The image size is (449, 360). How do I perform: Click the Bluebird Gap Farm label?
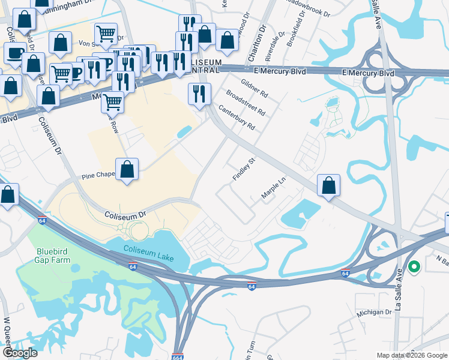click(x=52, y=256)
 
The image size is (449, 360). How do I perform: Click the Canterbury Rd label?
click(x=237, y=118)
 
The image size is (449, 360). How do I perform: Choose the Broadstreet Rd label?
click(x=246, y=102)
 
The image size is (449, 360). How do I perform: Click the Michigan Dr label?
click(x=373, y=312)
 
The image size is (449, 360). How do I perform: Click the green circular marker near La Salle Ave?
click(x=414, y=268)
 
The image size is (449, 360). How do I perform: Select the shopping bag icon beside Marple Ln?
click(x=328, y=186)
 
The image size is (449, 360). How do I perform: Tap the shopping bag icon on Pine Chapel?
click(x=127, y=170)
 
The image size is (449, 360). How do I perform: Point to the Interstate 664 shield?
click(x=178, y=356)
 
